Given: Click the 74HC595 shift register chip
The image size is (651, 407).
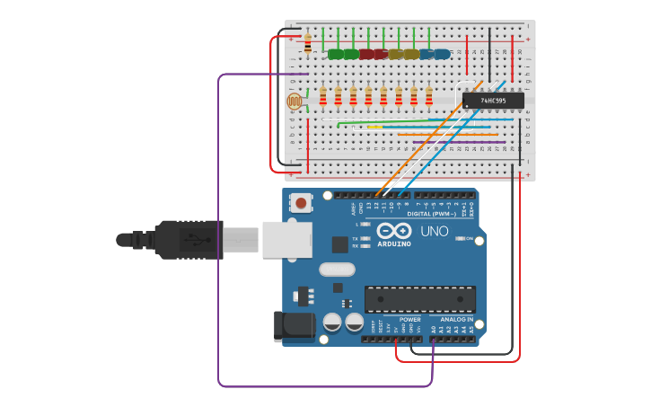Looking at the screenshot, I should click(493, 101).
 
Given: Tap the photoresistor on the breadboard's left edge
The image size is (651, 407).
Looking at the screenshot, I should click(295, 102).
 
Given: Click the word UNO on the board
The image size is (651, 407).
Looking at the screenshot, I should click(435, 231).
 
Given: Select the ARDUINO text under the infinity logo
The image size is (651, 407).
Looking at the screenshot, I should click(394, 243).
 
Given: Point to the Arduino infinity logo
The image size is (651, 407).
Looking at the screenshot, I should click(394, 229).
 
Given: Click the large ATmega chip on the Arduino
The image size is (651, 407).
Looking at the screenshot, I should click(419, 299).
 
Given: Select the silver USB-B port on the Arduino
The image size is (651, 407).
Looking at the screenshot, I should click(286, 240).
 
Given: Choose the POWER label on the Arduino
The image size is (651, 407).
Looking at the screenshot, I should click(409, 319).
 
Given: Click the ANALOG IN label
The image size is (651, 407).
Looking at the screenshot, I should click(456, 319).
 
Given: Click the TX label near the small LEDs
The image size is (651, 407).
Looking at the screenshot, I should click(355, 237).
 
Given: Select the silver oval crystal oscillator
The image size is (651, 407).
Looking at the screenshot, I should click(337, 269).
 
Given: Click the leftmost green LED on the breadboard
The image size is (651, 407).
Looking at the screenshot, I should click(336, 54).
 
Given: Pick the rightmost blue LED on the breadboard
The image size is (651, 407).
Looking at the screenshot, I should click(442, 54).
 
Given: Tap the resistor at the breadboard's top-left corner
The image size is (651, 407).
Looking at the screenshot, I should click(308, 43).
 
